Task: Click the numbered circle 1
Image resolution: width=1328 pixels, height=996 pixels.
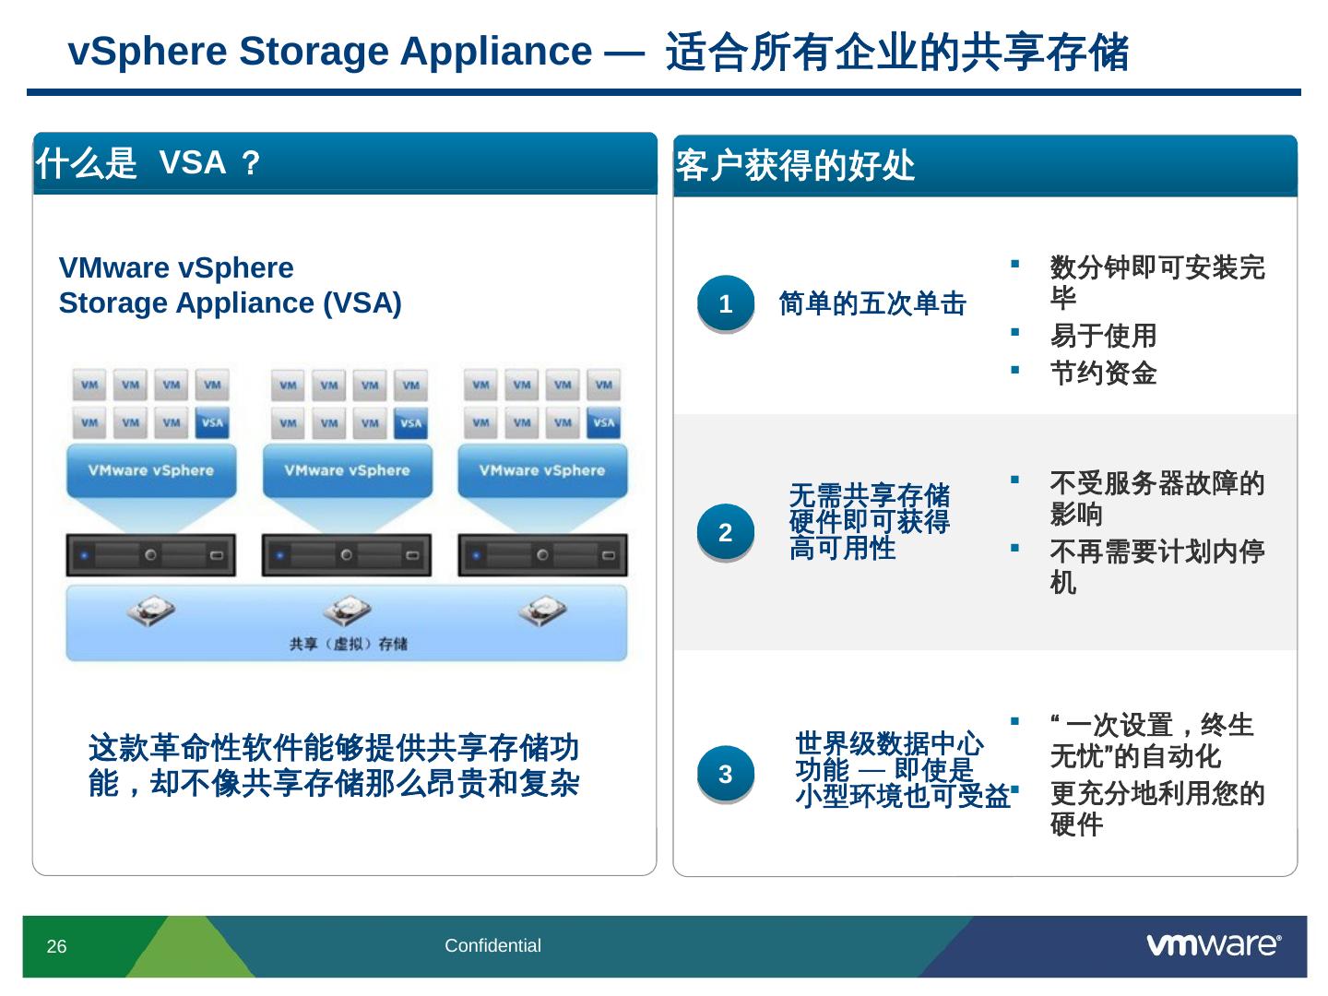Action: pos(725,303)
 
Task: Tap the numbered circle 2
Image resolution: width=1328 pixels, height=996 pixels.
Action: pos(725,532)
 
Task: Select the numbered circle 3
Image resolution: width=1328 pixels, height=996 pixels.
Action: pos(725,774)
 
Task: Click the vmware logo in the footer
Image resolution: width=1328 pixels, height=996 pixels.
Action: pos(1214,944)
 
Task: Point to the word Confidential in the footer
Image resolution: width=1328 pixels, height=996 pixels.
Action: pos(492,945)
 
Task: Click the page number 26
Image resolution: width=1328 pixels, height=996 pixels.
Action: pos(56,946)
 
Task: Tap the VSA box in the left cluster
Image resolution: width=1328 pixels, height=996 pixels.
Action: pos(212,423)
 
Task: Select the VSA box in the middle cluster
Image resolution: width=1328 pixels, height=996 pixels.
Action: pos(410,424)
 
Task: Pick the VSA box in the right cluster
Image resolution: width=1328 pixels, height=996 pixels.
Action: pos(603,423)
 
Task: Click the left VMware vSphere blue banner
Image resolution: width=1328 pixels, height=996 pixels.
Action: pos(151,470)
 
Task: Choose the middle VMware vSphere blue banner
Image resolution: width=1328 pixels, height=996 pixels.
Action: pos(347,470)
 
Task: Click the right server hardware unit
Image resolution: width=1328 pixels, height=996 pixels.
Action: pos(542,555)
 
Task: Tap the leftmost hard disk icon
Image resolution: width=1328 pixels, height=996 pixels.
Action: pos(150,611)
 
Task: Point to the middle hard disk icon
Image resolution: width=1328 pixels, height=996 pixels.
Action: pos(347,611)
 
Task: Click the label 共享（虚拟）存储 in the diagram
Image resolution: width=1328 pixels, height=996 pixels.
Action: pos(348,644)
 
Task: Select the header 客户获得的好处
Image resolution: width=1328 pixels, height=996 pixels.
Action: pos(795,166)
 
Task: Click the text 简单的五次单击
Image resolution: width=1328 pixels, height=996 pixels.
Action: pos(871,303)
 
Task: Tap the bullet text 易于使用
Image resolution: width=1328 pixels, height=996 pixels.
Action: pos(1103,336)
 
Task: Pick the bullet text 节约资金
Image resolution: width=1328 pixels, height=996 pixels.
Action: pos(1103,373)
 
